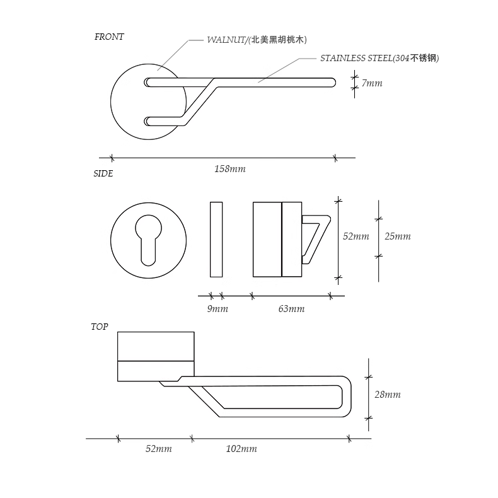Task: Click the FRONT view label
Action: click(109, 37)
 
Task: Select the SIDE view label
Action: click(103, 173)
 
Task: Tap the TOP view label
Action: click(99, 327)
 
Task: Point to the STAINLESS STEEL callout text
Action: click(379, 58)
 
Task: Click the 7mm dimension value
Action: click(371, 83)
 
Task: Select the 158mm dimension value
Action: click(230, 169)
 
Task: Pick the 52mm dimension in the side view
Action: click(356, 236)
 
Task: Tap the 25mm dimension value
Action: click(397, 236)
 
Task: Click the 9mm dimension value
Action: click(217, 309)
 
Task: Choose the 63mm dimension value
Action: click(291, 309)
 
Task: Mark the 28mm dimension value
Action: click(387, 395)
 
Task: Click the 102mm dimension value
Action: click(241, 449)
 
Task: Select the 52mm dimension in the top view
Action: click(158, 449)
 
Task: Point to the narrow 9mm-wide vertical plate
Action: click(216, 239)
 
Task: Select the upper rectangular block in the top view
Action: click(156, 345)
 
